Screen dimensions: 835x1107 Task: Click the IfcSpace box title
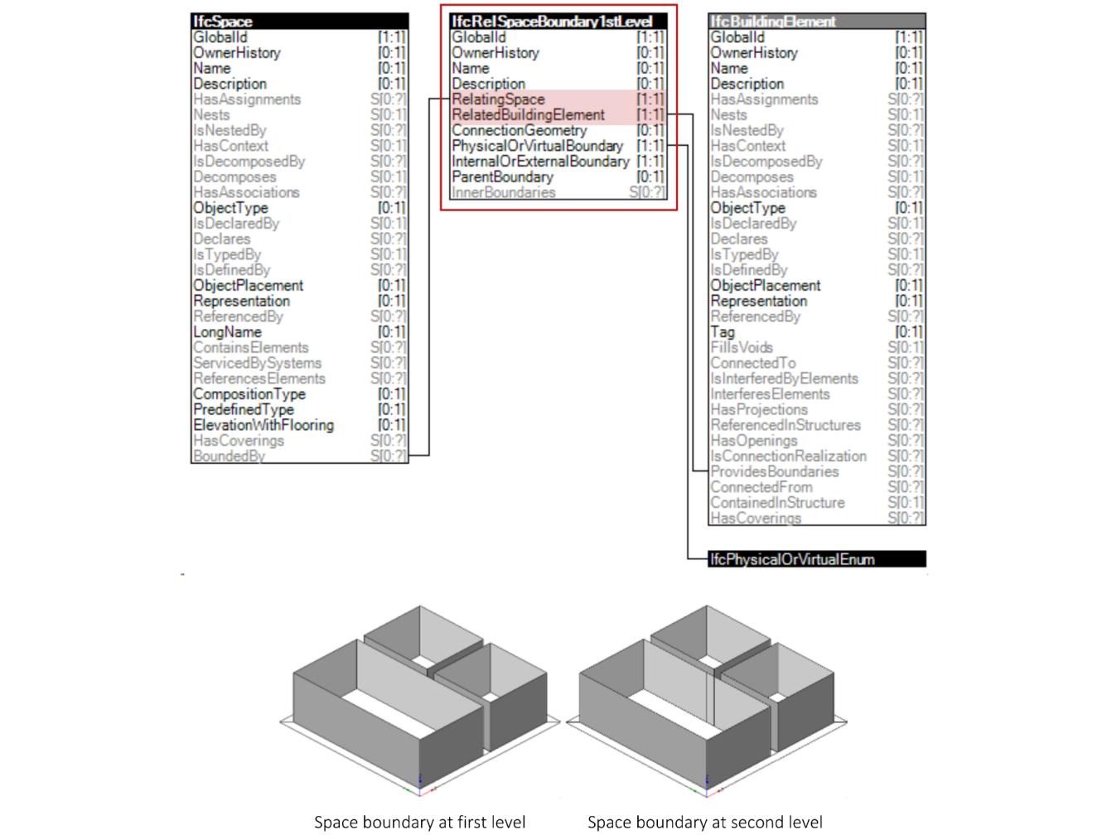click(223, 22)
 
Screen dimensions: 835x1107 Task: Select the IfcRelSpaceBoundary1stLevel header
click(552, 22)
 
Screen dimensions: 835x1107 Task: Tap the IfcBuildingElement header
click(773, 22)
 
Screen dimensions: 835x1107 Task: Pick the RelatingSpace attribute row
click(498, 99)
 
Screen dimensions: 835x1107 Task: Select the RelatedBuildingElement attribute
click(528, 115)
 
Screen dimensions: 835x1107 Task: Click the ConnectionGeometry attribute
click(519, 130)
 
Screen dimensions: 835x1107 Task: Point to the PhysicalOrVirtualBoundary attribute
click(537, 146)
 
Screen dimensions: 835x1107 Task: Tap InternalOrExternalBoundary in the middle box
click(540, 162)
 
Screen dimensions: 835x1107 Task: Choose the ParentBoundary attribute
click(502, 177)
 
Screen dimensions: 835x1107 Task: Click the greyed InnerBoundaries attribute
click(504, 192)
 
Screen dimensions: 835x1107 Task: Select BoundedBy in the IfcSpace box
click(229, 456)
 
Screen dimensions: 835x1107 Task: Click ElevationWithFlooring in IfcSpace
click(263, 425)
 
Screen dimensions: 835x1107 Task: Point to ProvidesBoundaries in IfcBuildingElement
click(774, 471)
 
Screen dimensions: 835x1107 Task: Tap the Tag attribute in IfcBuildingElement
click(723, 332)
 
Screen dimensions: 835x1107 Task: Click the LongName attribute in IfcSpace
click(227, 332)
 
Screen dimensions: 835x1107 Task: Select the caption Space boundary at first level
click(419, 822)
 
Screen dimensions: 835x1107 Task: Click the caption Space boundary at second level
click(705, 822)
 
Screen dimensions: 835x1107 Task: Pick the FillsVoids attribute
click(741, 347)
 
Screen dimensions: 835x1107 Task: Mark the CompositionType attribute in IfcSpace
click(249, 394)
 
